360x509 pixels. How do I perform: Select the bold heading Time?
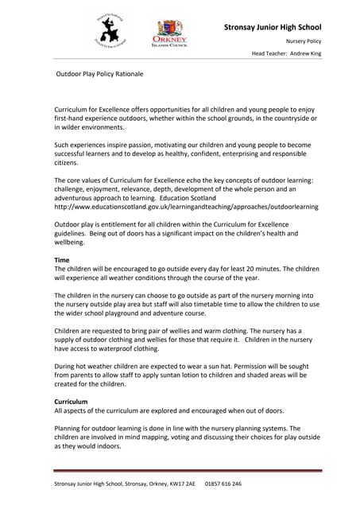tap(61, 260)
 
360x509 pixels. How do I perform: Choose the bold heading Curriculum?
tap(71, 402)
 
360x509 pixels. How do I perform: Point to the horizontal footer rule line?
tap(188, 471)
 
